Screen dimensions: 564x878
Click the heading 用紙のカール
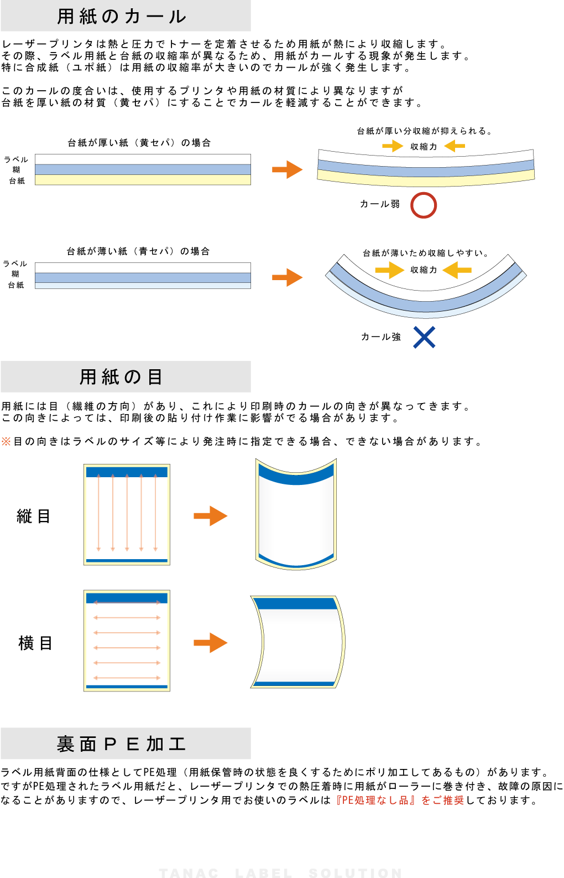121,17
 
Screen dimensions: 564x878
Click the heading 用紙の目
121,376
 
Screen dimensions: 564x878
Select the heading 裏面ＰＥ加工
121,743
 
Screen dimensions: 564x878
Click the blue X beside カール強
424,337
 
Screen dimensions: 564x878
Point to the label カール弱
380,204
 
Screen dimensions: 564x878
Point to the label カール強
381,337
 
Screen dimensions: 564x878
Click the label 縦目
34,516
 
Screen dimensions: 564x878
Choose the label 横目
35,643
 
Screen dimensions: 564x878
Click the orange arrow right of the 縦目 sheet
211,516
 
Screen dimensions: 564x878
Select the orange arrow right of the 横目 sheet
211,643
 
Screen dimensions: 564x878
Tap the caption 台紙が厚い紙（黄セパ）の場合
139,143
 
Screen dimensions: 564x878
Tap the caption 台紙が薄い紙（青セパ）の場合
138,251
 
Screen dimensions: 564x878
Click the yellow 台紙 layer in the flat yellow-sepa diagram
143,180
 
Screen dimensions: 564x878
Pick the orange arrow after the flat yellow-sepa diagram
288,169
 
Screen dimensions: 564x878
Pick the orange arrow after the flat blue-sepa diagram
288,277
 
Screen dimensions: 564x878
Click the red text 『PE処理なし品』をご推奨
400,800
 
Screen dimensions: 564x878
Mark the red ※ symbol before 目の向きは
6,441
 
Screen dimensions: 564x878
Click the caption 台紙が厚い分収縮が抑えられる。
425,131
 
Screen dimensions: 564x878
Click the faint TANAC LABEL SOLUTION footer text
281,873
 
